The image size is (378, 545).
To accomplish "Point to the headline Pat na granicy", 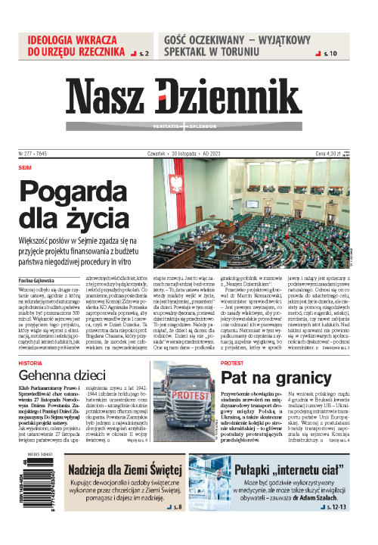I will [x=265, y=355].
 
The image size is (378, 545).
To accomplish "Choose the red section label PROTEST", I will [x=231, y=341].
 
